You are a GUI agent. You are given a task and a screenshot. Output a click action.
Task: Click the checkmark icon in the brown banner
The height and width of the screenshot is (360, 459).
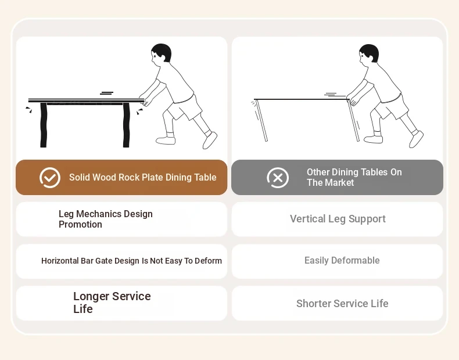[50, 178]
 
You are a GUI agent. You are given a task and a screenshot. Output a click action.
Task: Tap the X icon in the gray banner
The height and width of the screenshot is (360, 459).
[278, 178]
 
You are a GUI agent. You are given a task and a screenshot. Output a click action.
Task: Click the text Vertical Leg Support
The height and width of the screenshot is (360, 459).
[338, 219]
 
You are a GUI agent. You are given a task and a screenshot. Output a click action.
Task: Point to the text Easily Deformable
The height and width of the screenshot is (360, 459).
[342, 260]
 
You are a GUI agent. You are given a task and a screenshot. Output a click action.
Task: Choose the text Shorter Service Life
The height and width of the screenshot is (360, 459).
[342, 303]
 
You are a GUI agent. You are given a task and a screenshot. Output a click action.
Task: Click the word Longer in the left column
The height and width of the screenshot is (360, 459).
[91, 296]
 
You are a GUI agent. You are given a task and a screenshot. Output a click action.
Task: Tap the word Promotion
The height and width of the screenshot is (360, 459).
[80, 224]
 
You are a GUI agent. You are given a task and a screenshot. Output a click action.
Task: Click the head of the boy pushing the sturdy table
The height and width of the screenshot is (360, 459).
[161, 53]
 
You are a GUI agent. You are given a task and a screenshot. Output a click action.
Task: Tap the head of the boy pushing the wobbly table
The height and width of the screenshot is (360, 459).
[368, 53]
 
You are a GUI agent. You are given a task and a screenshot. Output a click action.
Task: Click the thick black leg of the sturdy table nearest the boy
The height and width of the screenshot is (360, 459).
[126, 125]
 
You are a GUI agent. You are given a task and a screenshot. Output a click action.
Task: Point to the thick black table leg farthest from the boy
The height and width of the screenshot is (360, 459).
[44, 125]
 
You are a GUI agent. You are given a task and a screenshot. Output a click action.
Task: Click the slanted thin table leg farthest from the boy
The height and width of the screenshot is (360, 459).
[261, 121]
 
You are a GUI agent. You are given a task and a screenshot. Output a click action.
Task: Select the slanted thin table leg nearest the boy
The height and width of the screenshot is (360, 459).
[353, 120]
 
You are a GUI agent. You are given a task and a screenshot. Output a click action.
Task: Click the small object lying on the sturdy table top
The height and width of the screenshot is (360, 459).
[106, 93]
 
